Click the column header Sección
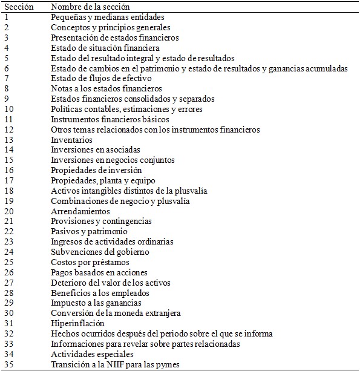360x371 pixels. pos(18,6)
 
